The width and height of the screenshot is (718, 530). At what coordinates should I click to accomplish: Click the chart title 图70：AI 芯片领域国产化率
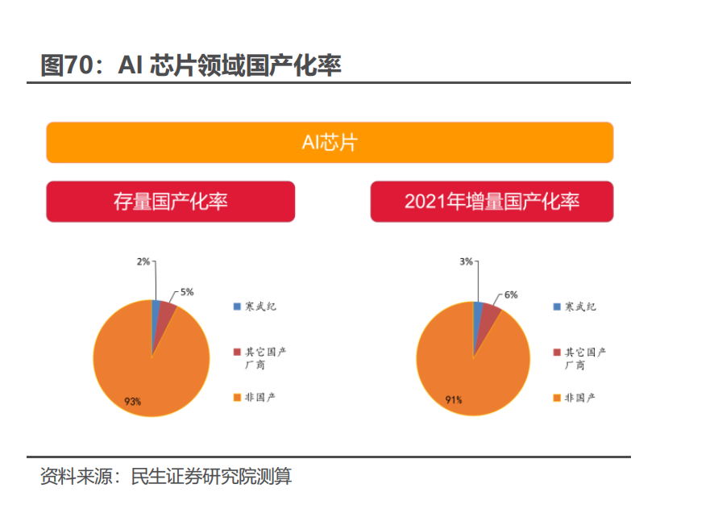coord(191,65)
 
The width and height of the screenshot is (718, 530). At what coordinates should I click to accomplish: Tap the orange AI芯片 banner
coord(330,143)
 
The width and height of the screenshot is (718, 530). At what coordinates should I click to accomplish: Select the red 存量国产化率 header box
coord(170,201)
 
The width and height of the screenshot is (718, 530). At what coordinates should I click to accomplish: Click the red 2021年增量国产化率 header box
coord(492,201)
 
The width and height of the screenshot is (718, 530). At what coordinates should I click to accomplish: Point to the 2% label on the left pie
coord(143,261)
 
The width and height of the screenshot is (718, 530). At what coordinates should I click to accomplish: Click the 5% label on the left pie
coord(187,292)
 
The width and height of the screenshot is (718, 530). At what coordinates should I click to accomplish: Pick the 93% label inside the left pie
coord(133,401)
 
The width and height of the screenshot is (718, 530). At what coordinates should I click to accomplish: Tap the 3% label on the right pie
coord(466,261)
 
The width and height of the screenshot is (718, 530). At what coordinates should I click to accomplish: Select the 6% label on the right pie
coord(511,294)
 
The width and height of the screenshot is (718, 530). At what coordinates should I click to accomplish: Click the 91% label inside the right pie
coord(454,399)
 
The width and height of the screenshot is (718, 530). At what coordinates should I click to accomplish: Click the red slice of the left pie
coord(164,319)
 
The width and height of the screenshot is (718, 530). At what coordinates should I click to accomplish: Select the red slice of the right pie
coord(488,319)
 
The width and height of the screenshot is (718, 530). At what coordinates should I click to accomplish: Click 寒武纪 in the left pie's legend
coord(260,307)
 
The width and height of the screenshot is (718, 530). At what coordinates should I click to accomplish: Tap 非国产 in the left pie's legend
coord(260,397)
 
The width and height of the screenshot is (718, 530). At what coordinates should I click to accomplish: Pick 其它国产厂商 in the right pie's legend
coord(585,358)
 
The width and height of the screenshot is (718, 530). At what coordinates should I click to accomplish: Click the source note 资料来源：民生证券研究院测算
coord(166,477)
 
